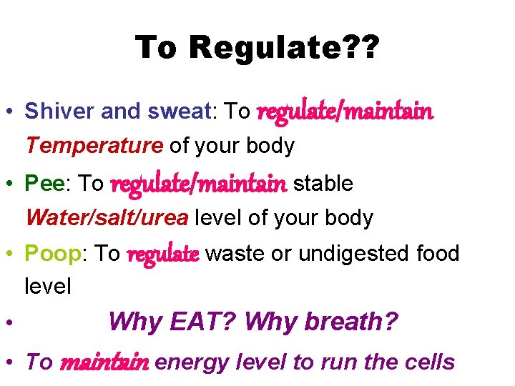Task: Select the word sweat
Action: (178, 111)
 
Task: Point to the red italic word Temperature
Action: (94, 146)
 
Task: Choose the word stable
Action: (323, 183)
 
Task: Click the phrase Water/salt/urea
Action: (107, 218)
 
